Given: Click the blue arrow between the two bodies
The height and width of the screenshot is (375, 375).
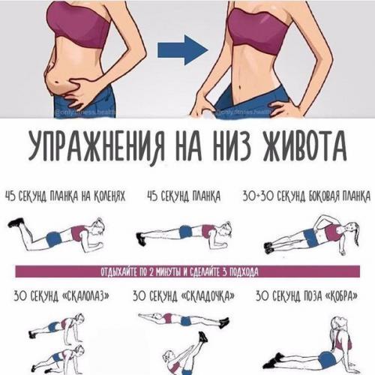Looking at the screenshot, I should point(181,51).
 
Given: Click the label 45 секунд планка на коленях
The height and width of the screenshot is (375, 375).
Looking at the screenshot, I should point(64,196).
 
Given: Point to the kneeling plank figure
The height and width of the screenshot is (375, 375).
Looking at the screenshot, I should point(56,233).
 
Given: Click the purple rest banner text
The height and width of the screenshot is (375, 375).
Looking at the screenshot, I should point(187,271).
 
